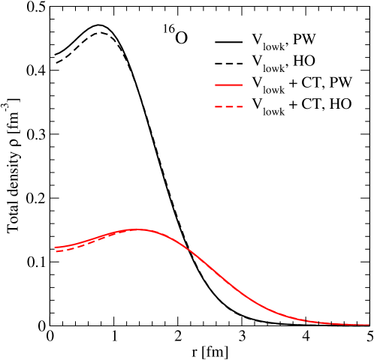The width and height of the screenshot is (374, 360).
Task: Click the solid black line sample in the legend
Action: point(228,40)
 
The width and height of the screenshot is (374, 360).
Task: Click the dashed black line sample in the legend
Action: point(228,62)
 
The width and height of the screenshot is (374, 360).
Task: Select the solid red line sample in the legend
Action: point(228,84)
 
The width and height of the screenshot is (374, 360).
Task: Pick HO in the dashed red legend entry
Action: point(339,105)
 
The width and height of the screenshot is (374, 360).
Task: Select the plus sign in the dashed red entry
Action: point(293,106)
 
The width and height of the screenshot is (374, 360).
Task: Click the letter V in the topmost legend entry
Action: point(257,40)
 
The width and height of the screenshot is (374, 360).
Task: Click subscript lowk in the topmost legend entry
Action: point(273,46)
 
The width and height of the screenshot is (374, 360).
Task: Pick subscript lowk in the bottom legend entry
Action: point(273,111)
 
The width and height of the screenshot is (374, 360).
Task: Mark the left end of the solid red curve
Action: point(55,247)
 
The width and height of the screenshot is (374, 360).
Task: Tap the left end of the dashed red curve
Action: point(56,251)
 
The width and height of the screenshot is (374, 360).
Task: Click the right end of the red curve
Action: point(368,325)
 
